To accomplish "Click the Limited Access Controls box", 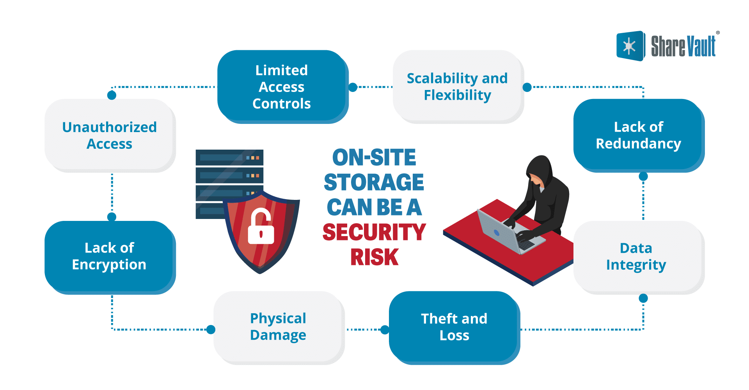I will [x=282, y=86].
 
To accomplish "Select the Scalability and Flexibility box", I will [x=457, y=86].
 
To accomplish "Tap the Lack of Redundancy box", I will [x=638, y=135].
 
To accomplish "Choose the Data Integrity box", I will [x=636, y=256].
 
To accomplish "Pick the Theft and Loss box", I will [x=454, y=327].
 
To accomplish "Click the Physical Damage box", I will [x=278, y=327].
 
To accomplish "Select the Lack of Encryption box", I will [x=109, y=256].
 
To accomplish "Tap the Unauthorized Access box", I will [x=109, y=135].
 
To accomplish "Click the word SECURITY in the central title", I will [x=374, y=232].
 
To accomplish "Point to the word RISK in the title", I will [x=374, y=257].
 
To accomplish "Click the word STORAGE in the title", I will [x=374, y=182].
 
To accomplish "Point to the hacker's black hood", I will [x=540, y=168].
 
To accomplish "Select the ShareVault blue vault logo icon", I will [x=630, y=46].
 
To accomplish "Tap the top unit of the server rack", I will [x=229, y=157].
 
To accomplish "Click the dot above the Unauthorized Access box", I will [x=112, y=95].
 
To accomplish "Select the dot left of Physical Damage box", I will [x=211, y=330].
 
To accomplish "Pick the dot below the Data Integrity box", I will [x=643, y=298].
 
